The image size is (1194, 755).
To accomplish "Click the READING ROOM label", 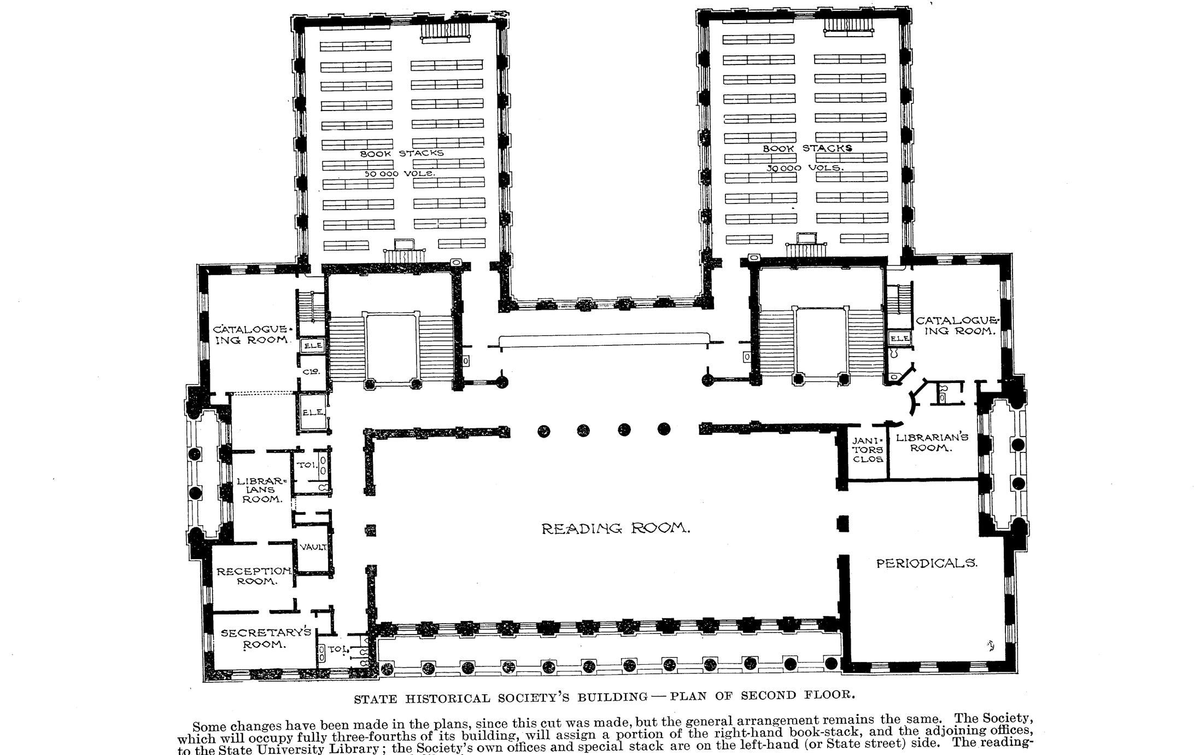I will [x=616, y=528].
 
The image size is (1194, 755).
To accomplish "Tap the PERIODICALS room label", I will [x=927, y=563].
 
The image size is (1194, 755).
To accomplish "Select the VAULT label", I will [x=313, y=547].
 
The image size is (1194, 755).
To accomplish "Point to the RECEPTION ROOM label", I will [x=254, y=576].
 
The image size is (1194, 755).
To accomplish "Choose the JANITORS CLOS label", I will [x=868, y=449].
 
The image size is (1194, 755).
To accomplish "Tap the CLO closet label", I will [x=311, y=371].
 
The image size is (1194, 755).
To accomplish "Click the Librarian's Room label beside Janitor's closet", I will [x=932, y=443].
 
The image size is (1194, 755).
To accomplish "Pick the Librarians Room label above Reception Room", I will [x=261, y=490].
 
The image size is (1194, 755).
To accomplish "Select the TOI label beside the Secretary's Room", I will [x=338, y=649].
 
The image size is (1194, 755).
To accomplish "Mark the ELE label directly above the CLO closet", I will [x=313, y=346].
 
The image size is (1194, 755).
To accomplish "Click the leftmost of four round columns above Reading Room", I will [x=543, y=431].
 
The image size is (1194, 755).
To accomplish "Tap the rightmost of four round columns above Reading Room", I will [x=664, y=429].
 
